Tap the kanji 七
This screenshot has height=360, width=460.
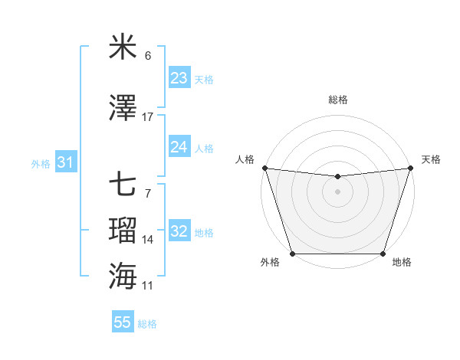[123, 185]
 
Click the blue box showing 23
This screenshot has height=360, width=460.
[179, 78]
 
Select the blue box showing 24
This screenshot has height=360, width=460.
[179, 147]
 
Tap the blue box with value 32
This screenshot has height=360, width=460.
[179, 232]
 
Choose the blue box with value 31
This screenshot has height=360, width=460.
[65, 163]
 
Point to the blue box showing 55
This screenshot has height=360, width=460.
[123, 322]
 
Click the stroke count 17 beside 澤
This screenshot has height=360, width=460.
[148, 117]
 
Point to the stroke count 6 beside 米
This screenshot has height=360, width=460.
[148, 57]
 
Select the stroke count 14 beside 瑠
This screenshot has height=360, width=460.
[148, 241]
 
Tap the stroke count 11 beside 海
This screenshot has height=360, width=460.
[148, 286]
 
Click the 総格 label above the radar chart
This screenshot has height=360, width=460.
[337, 100]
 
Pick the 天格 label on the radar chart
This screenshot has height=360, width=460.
[432, 159]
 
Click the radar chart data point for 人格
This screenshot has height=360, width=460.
[264, 168]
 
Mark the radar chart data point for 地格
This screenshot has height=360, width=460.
[383, 254]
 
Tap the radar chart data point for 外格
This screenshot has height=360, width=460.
[292, 254]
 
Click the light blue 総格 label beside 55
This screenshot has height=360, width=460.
[148, 324]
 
